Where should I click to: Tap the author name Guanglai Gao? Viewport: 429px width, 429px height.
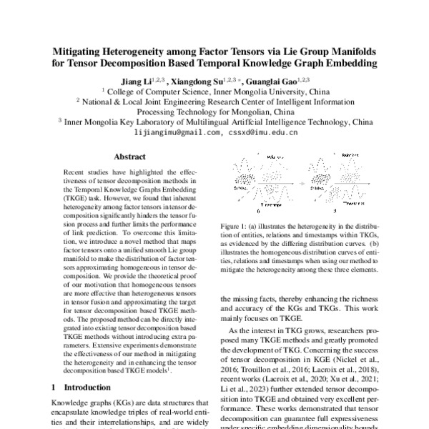pos(280,82)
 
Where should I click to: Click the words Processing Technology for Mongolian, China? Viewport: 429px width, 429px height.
pos(214,112)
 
